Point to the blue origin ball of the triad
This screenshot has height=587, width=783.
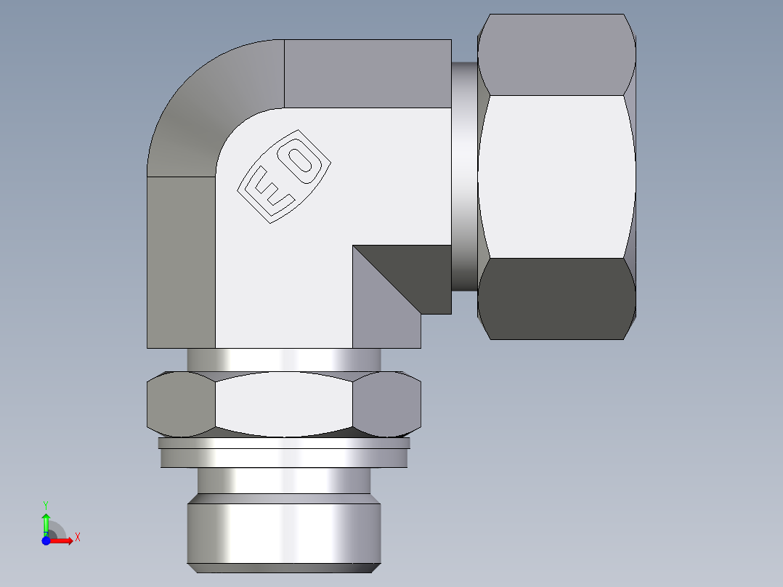coord(46,541)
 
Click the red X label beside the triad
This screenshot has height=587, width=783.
coord(77,538)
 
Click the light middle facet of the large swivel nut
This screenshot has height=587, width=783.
coord(556,176)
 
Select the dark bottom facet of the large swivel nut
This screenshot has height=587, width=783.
coord(556,298)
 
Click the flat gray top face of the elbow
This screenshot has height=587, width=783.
coord(367,73)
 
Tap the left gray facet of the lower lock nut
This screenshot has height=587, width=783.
coord(180,404)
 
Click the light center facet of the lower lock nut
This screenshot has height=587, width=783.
coord(283,404)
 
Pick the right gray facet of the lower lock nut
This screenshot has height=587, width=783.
coord(386,404)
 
